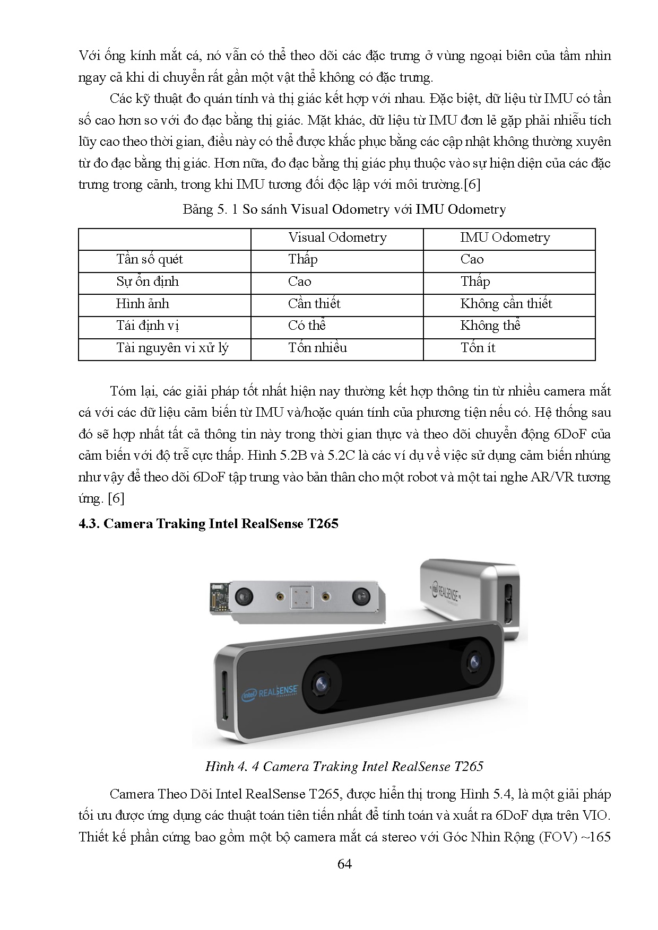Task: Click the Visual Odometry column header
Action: tap(337, 238)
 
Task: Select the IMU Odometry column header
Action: tap(505, 238)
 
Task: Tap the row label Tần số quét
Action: tap(149, 259)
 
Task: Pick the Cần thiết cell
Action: tap(314, 304)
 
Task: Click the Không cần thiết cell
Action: tap(506, 304)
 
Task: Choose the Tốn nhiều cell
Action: tap(317, 348)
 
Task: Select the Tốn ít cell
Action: tap(478, 348)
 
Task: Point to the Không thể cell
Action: tap(490, 326)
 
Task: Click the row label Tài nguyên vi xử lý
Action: tap(172, 348)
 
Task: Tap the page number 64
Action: tap(344, 864)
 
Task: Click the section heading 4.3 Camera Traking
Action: tap(209, 524)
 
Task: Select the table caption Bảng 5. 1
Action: tap(344, 209)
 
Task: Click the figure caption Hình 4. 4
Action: tap(344, 766)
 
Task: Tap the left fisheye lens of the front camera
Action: tap(321, 685)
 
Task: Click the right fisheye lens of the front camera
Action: tap(473, 661)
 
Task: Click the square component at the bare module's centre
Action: tap(301, 596)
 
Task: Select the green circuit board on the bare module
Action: tap(219, 596)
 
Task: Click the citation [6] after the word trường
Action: tap(472, 185)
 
